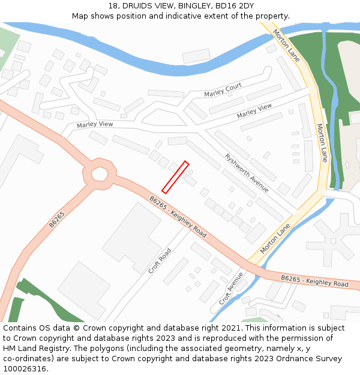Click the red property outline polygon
175,177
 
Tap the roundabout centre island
100,174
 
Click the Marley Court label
223,91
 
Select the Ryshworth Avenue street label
247,173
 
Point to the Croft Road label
160,261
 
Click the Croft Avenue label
231,288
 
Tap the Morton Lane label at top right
286,46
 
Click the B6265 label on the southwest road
56,220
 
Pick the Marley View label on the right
254,111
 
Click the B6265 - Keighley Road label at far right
314,280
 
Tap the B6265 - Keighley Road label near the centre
178,217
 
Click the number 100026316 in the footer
25,368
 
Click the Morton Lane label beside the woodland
322,143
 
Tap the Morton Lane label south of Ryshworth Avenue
275,239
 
